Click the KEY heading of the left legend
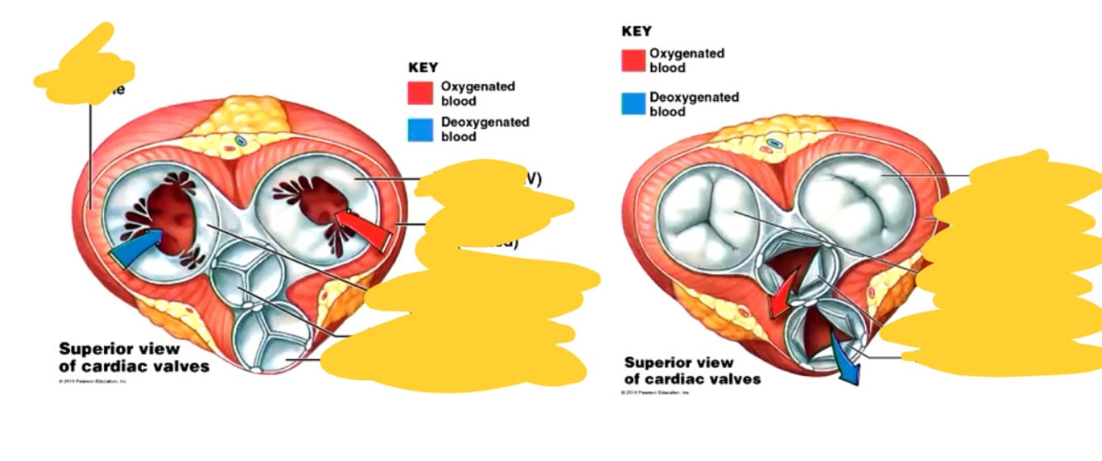(x=423, y=67)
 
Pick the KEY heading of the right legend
(x=636, y=31)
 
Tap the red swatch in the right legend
(x=634, y=60)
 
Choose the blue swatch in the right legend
(x=634, y=103)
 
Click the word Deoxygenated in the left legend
(x=485, y=122)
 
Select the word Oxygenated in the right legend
(x=686, y=54)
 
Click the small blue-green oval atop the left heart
(x=240, y=141)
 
